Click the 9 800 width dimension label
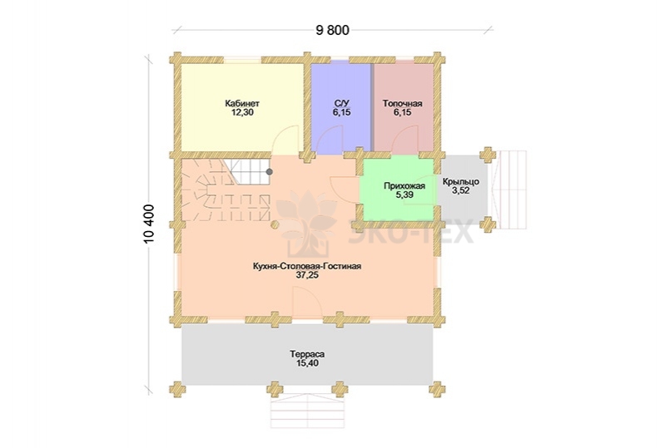coord(333,31)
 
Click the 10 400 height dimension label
coord(149,224)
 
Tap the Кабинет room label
coord(242,104)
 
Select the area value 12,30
coord(242,113)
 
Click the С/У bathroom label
coord(342,104)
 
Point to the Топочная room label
coord(403,104)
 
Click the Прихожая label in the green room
coord(404,186)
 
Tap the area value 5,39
coord(404,194)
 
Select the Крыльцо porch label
coord(461,182)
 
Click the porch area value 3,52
coord(461,191)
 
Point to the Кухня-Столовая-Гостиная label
coord(307,266)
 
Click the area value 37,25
coord(307,275)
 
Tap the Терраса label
coord(307,354)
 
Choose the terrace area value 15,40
coord(307,363)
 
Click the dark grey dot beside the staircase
coord(270,171)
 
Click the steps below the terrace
coord(306,410)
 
